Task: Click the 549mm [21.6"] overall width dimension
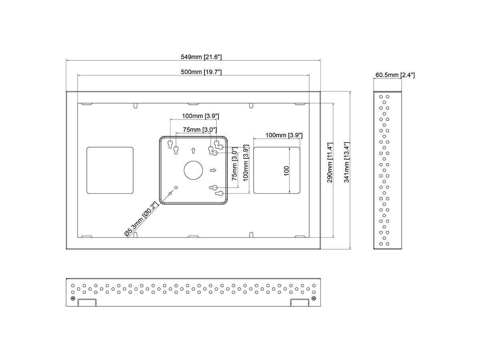pos(201,57)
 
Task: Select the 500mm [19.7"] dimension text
pos(201,72)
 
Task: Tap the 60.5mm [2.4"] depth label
pos(395,75)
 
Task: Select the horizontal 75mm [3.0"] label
pos(200,130)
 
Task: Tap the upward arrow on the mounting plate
pos(194,151)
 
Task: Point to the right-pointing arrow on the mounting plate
pos(213,170)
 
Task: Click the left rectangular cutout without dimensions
pos(110,170)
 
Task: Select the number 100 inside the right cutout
pos(286,171)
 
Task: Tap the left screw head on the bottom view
pos(72,298)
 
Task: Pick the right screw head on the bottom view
pos(314,298)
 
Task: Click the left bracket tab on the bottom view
pos(87,302)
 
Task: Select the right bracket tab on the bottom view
pos(300,302)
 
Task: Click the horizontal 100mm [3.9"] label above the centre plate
pos(194,116)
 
